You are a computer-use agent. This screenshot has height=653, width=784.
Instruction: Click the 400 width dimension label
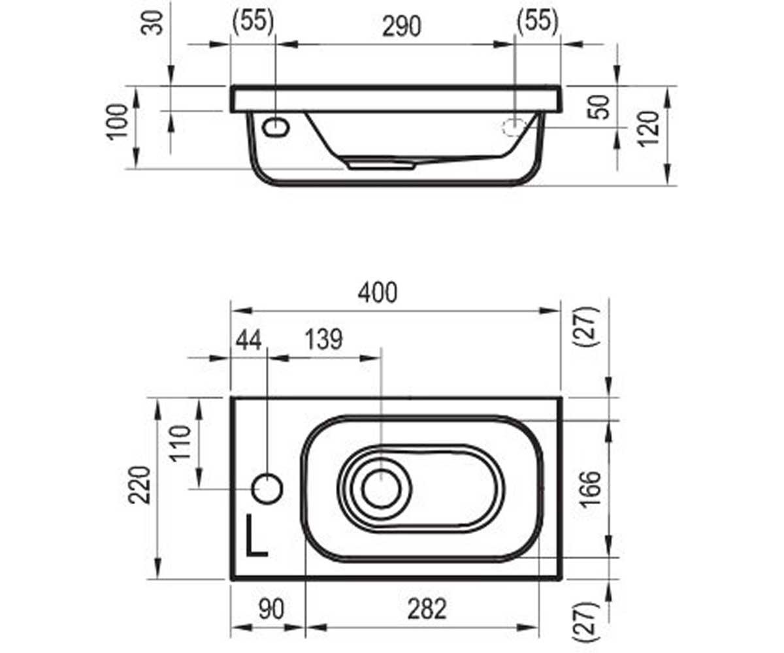[x=378, y=293]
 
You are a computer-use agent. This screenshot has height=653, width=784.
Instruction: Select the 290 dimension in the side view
[x=402, y=27]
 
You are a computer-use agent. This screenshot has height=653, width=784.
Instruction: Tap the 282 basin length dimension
[x=427, y=609]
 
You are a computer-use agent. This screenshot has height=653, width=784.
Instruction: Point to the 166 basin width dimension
[x=591, y=489]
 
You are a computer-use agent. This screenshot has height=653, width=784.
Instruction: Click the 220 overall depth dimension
[x=139, y=485]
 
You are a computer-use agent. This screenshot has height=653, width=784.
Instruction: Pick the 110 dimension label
[x=180, y=443]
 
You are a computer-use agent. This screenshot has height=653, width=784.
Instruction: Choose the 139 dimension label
[x=323, y=340]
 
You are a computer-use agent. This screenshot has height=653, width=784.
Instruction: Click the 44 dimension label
[x=248, y=340]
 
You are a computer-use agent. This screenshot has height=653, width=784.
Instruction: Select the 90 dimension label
[x=272, y=609]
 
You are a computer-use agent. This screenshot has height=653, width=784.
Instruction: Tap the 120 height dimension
[x=649, y=129]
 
